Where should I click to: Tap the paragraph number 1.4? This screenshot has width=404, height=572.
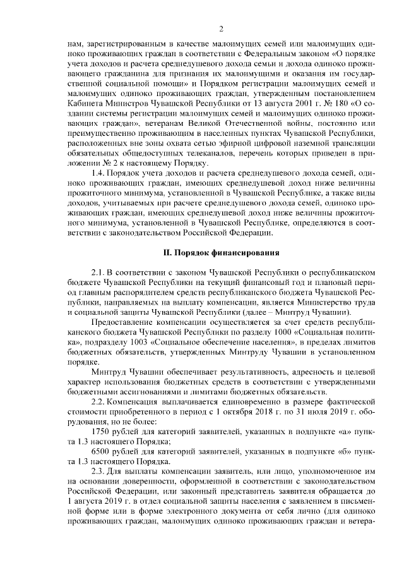(x=97, y=173)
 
